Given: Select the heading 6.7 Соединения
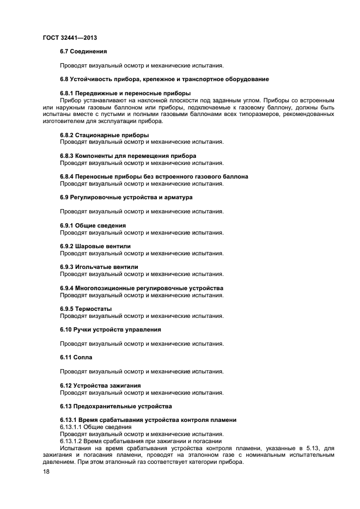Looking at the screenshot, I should [83, 51].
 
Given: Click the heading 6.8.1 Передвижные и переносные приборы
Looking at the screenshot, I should [125, 93].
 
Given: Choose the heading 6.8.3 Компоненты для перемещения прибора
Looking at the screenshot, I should [127, 156].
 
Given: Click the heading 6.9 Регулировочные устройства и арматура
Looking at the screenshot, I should [125, 197].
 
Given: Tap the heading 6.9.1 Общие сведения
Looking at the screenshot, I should [93, 225].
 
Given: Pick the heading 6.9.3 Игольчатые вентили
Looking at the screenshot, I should [99, 267].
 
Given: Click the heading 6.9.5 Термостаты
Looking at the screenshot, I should [86, 309].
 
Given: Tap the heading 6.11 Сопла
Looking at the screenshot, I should [76, 357].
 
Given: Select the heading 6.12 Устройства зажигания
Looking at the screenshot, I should [100, 385].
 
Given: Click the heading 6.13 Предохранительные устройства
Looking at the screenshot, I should [115, 406].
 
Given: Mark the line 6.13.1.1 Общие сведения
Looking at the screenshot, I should [92, 427].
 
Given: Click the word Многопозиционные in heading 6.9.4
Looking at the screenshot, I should [108, 288].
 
